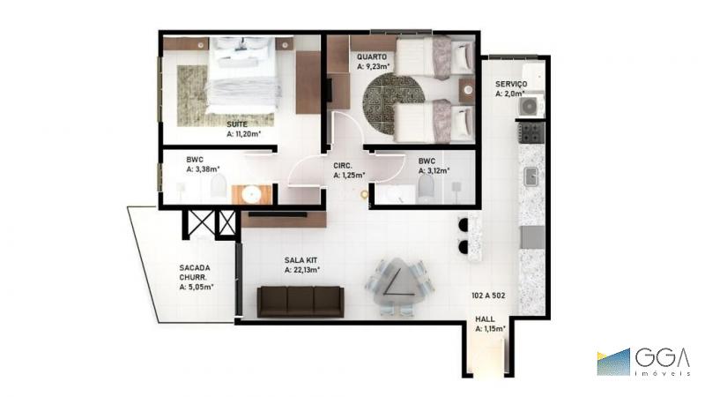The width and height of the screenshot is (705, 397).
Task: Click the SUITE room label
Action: pyautogui.click(x=237, y=124)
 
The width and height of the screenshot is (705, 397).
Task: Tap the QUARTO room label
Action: pyautogui.click(x=372, y=57)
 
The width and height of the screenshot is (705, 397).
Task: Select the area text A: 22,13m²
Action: pyautogui.click(x=302, y=270)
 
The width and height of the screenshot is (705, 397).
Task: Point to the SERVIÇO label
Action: pyautogui.click(x=511, y=84)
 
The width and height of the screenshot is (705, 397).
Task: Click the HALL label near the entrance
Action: pyautogui.click(x=485, y=319)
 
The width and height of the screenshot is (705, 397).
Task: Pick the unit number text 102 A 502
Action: pyautogui.click(x=488, y=296)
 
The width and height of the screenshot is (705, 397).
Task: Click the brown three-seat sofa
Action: pyautogui.click(x=301, y=302)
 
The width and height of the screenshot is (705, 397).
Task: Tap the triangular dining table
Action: pyautogui.click(x=398, y=283)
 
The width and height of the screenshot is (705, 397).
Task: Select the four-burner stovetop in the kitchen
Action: pyautogui.click(x=531, y=132)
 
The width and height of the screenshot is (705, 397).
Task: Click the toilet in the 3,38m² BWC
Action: pyautogui.click(x=218, y=187)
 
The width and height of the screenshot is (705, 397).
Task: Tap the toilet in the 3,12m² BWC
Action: pyautogui.click(x=426, y=187)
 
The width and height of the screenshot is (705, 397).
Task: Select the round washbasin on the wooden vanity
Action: pyautogui.click(x=251, y=194)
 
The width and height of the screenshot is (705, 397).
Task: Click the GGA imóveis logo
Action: pyautogui.click(x=643, y=362)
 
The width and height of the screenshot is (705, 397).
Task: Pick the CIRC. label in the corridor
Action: pyautogui.click(x=343, y=166)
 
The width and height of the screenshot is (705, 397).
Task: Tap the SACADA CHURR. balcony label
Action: pyautogui.click(x=195, y=273)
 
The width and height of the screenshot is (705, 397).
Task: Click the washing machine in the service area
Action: pyautogui.click(x=530, y=106)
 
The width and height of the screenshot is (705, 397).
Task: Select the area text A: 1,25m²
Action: pyautogui.click(x=349, y=175)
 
